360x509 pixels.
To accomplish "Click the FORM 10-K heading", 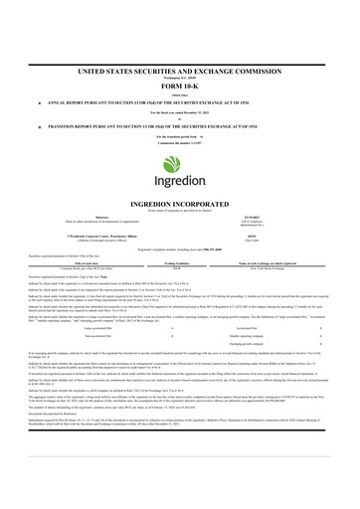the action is pyautogui.click(x=179, y=59).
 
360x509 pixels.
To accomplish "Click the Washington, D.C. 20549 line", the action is pyautogui.click(x=179, y=47).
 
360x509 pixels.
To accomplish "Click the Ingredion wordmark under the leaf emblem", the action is pyautogui.click(x=179, y=160).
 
